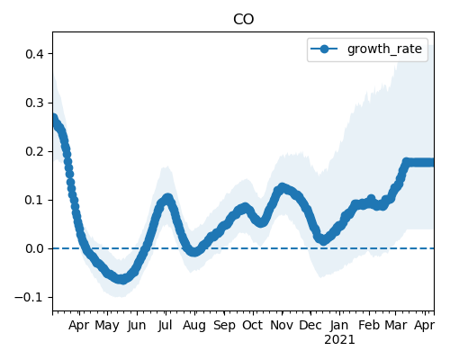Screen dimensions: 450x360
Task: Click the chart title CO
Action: point(243,20)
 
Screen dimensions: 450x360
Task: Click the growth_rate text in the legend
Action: point(384,49)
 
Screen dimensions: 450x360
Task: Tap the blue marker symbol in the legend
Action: point(324,49)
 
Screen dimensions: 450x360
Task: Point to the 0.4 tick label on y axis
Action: point(34,54)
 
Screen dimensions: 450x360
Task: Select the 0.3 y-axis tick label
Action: point(34,103)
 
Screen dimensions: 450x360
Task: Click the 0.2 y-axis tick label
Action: point(34,151)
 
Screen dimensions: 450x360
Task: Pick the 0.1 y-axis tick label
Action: point(34,200)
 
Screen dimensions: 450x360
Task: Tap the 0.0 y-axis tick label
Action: point(34,248)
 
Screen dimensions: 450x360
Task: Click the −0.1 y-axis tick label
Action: point(30,298)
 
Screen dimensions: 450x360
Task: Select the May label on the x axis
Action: point(107,326)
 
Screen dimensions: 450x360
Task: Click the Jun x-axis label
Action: point(137,326)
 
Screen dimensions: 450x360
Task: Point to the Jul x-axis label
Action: point(166,326)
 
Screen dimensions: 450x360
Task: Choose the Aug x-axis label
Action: point(194,326)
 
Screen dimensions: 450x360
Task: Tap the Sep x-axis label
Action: point(224,326)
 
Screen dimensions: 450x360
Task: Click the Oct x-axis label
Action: point(253,326)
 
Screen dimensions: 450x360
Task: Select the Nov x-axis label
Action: point(282,326)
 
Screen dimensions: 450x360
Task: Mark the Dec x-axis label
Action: point(310,326)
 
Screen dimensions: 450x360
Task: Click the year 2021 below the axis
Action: point(339,340)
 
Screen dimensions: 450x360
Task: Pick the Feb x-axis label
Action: point(369,326)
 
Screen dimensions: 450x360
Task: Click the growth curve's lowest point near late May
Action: point(121,280)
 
